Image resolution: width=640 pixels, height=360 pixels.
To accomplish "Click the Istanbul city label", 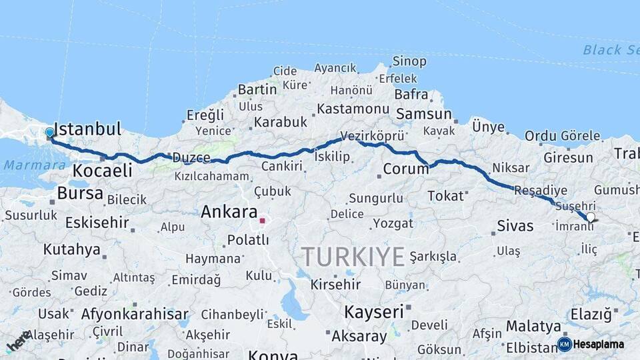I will coord(87,129).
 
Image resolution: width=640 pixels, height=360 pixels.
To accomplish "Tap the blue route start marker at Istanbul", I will coord(49,133).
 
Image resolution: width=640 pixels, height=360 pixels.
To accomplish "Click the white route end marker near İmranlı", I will coord(590,217).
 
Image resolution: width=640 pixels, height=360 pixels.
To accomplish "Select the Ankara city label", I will coord(229,212).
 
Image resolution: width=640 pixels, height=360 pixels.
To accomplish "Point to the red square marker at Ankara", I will coord(263,220).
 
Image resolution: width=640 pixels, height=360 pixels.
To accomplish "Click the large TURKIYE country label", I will coord(353,256).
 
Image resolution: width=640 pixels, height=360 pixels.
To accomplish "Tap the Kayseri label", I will coord(374,311).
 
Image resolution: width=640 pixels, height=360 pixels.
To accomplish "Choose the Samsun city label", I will coord(424,114).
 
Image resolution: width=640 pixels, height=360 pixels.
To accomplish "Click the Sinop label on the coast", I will coord(409,61).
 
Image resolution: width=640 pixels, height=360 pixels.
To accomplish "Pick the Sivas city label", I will coord(515,225).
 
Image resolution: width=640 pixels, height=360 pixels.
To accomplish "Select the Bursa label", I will coord(80,193).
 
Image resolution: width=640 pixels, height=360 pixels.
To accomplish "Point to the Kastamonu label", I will coord(353,109).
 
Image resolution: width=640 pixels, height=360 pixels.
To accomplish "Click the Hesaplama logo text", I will coord(598,344).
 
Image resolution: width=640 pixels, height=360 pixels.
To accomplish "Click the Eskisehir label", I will coord(97,222).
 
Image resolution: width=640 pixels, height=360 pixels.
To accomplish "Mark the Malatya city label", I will coord(533,326).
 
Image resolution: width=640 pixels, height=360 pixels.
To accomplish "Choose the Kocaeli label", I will coord(102,171).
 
